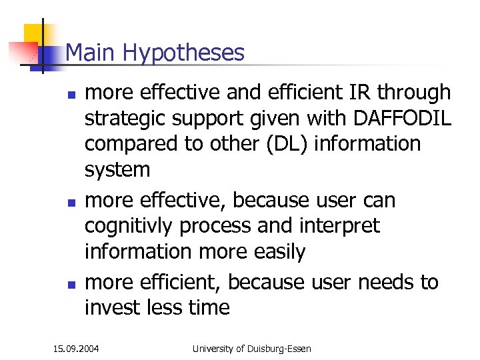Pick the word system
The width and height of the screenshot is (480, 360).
pyautogui.click(x=117, y=170)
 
